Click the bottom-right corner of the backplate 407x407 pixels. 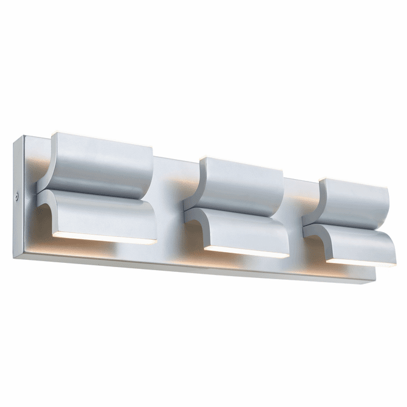click(x=371, y=282)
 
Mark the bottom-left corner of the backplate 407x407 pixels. click(x=14, y=256)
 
